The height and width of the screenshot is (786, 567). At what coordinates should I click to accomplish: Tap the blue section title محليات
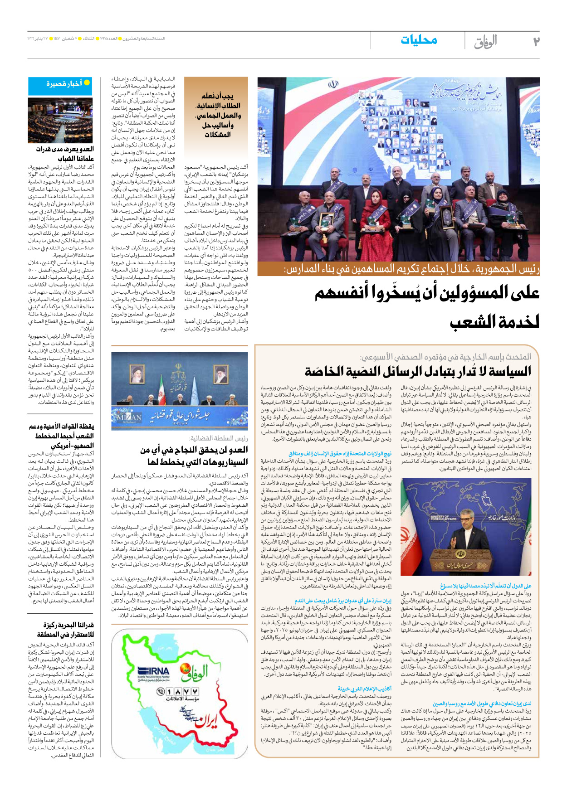pos(419,40)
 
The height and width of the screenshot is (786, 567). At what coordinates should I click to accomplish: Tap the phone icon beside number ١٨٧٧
pos(161,692)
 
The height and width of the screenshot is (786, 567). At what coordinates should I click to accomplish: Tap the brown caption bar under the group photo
pos(398,269)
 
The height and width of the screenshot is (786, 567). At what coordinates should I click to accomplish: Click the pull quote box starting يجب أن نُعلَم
pos(217,115)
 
